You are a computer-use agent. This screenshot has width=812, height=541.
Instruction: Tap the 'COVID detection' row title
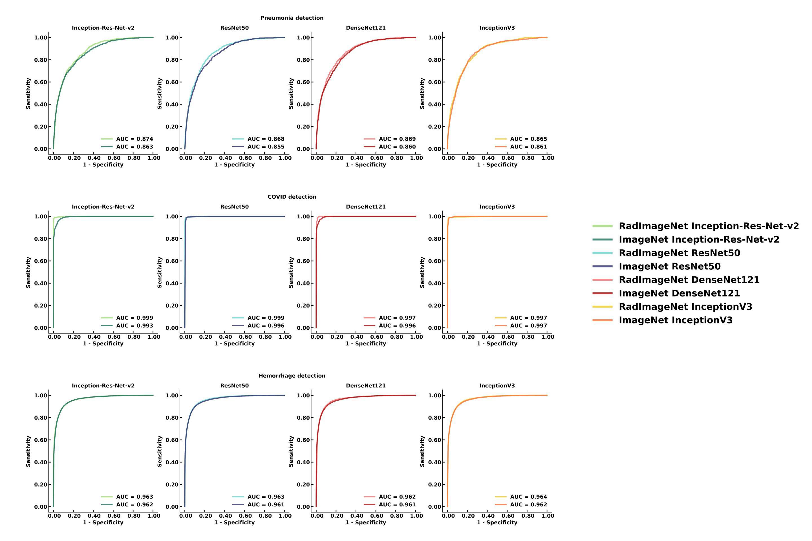[292, 197]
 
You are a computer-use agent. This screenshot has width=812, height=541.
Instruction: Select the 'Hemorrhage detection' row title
[292, 376]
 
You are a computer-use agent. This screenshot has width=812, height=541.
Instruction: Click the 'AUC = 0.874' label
[134, 139]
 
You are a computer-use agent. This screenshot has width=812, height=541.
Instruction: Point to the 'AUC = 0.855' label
[266, 147]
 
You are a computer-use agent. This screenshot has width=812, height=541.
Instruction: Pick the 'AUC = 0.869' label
[397, 139]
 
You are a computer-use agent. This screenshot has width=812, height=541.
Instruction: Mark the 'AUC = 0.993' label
[134, 326]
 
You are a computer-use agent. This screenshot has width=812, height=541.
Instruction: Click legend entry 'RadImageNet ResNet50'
[679, 253]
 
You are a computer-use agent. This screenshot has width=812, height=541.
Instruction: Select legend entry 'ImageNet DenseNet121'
[679, 293]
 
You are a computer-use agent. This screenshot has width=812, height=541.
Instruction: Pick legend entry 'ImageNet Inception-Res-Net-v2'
[699, 240]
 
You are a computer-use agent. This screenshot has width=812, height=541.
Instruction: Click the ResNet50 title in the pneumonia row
[234, 28]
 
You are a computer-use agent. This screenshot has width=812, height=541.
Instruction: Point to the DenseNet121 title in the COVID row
[366, 207]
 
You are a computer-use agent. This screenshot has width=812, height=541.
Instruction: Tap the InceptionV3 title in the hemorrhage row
[497, 386]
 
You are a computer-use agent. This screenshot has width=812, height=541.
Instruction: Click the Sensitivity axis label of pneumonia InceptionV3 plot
[422, 94]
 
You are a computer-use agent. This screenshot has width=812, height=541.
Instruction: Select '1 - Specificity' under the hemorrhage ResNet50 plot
[234, 522]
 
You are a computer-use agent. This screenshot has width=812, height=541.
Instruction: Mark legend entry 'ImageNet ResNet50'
[669, 266]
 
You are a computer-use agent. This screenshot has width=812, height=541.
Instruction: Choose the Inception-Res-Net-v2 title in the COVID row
[103, 207]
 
